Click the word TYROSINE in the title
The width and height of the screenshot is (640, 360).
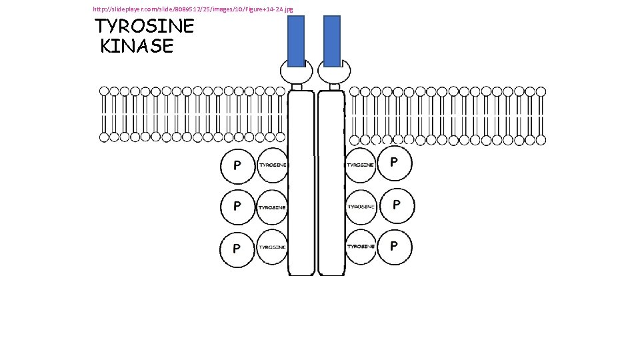tap(145, 27)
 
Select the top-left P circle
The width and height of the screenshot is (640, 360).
tap(237, 166)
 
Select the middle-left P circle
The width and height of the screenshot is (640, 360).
tap(237, 207)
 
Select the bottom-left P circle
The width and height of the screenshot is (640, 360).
tap(237, 249)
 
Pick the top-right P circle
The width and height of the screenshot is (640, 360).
tap(395, 164)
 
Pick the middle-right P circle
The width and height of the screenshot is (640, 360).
tap(396, 205)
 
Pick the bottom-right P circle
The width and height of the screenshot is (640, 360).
tap(395, 247)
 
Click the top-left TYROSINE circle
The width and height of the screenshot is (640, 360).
tap(273, 165)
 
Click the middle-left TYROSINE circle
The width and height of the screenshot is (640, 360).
tap(273, 207)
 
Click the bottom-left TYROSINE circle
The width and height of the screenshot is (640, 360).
tap(273, 247)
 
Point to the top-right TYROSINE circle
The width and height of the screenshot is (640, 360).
tap(361, 165)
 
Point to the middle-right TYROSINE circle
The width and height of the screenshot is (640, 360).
tap(361, 206)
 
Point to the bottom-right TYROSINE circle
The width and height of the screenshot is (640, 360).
tap(361, 247)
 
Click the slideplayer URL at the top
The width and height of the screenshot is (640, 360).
tap(193, 9)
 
